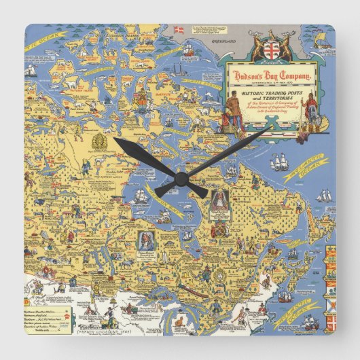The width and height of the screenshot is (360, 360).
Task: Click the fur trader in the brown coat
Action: tap(232, 109)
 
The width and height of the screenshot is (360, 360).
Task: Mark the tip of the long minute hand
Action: tap(270, 127)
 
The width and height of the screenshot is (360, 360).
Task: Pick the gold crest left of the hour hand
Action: tap(97, 145)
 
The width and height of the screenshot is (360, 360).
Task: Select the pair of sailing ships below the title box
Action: tap(281, 162)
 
